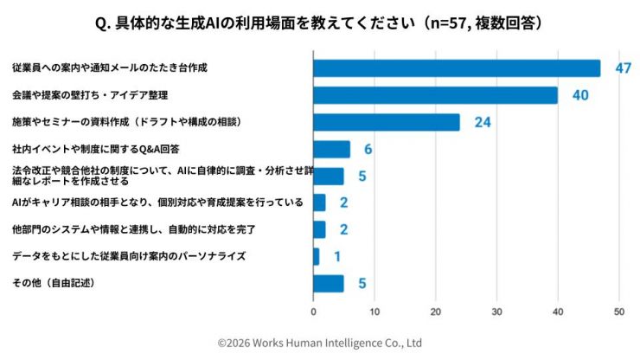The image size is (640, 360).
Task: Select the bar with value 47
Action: tap(456, 68)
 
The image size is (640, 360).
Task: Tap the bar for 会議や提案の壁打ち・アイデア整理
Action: tap(435, 95)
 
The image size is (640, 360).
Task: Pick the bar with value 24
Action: tap(386, 122)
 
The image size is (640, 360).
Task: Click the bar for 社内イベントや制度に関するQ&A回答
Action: tap(331, 149)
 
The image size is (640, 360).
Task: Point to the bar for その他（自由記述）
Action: tap(328, 283)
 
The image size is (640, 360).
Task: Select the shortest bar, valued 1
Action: tap(316, 256)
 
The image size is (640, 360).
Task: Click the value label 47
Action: tap(623, 68)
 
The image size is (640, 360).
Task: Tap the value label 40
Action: tap(579, 95)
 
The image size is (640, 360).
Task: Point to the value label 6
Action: tap(368, 149)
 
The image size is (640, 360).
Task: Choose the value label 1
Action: tap(336, 256)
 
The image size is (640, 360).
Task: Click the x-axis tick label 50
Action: tap(618, 311)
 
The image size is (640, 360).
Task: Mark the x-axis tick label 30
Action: tap(496, 311)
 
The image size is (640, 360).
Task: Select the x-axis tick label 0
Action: tap(313, 311)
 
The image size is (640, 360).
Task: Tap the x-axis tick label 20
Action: tap(435, 311)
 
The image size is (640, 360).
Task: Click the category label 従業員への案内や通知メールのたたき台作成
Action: tap(110, 67)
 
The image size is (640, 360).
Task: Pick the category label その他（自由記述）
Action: tap(53, 283)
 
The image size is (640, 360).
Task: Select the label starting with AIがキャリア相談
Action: tap(157, 202)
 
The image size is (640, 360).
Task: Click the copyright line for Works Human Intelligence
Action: tap(319, 343)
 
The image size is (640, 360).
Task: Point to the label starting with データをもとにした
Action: tap(129, 256)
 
